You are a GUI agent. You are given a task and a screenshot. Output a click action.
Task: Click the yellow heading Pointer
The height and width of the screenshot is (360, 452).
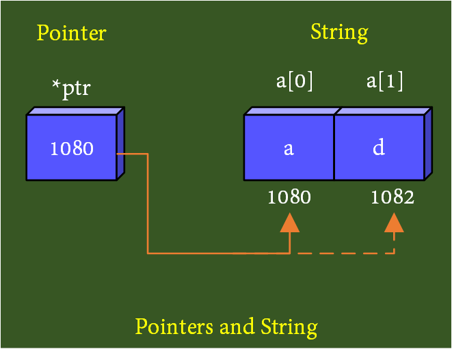pos(71,33)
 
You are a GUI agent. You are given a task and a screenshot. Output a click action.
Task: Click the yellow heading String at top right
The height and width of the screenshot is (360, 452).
pos(339,32)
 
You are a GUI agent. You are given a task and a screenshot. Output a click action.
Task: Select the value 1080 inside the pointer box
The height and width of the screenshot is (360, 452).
pos(72,148)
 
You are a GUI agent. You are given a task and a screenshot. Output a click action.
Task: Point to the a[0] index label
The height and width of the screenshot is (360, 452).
pos(295,81)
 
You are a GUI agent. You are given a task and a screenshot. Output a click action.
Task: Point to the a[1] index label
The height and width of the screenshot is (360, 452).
pos(384,81)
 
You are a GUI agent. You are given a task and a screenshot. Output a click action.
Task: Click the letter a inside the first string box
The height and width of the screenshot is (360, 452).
pos(289,148)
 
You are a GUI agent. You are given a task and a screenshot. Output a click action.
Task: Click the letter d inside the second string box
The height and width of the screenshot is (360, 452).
pos(378,148)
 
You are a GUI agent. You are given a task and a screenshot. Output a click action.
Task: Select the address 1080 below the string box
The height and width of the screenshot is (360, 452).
pos(289,197)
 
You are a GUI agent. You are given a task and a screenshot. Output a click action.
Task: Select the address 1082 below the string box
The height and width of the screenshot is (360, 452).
pos(393,197)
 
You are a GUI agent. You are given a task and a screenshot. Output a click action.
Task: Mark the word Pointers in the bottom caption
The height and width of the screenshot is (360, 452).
pos(174,327)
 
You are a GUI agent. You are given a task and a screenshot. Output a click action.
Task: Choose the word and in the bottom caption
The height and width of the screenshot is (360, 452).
pos(237,327)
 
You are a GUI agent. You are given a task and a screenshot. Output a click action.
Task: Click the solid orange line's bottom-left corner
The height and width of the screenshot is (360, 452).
pos(148,253)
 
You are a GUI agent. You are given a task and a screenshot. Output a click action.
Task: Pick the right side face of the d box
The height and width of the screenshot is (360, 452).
pos(428,144)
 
